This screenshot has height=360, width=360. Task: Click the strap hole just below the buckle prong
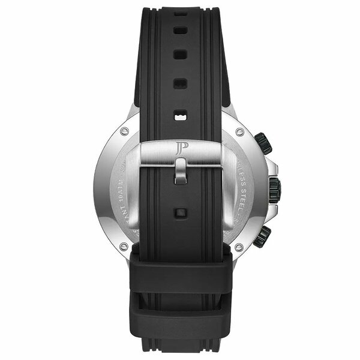[x=179, y=212]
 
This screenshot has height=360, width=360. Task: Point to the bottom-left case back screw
[x=123, y=245]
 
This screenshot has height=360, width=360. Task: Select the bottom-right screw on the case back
[x=239, y=245]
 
